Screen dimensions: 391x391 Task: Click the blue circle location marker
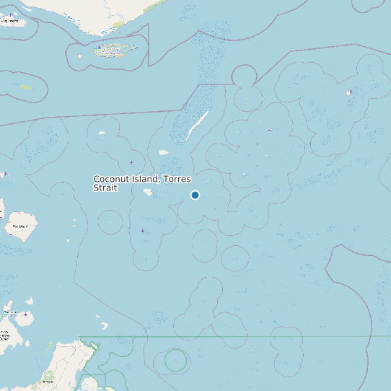point(195,195)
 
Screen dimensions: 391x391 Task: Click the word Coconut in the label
point(112,179)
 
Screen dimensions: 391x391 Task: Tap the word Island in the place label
point(146,179)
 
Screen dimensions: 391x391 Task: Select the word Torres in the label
point(179,179)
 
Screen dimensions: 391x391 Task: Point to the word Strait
point(105,188)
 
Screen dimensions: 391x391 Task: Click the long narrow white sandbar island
point(198,124)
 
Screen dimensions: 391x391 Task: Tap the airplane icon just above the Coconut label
point(131,162)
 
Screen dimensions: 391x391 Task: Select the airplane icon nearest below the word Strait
point(142,230)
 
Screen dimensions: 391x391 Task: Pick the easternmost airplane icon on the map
point(350,92)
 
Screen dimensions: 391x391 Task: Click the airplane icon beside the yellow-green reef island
point(99,47)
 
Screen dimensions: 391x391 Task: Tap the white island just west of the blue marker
point(149,193)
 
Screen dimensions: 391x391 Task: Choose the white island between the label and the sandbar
point(164,152)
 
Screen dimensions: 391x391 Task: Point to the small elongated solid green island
point(26,87)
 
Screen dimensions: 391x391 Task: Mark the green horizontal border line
point(238,336)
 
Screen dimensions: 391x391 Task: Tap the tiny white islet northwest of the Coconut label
point(102,133)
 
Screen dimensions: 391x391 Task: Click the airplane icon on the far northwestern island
point(10,14)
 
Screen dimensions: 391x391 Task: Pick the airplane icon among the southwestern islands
point(25,315)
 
